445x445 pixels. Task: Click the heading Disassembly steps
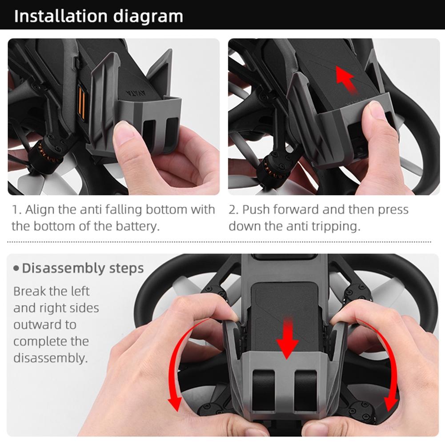tap(83, 269)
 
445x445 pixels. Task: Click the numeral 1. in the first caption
tap(16, 210)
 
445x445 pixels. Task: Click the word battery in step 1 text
tap(137, 226)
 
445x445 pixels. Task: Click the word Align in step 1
tap(38, 210)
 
